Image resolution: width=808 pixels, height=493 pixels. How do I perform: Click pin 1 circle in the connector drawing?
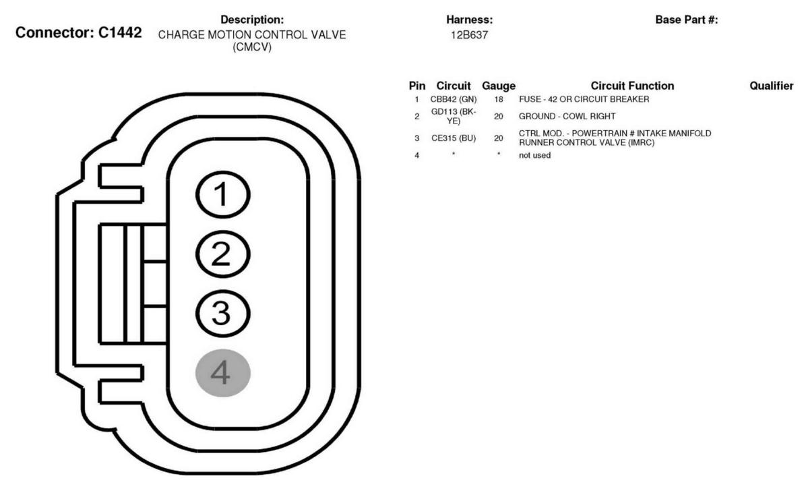(222, 194)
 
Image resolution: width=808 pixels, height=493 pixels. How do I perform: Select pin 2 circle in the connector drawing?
(222, 254)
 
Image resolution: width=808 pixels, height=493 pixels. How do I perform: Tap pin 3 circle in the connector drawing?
(222, 313)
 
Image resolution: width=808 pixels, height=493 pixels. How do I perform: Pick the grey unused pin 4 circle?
(222, 373)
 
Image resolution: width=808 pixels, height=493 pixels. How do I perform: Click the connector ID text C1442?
(119, 32)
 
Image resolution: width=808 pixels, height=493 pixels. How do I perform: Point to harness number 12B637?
(469, 35)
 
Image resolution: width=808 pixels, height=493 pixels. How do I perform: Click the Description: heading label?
(252, 20)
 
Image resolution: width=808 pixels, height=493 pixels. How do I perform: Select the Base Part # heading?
(687, 20)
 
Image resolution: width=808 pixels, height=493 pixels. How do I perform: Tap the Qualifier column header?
(771, 86)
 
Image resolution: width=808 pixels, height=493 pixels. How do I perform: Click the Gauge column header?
(498, 86)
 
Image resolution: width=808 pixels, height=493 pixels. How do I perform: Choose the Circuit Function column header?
(632, 86)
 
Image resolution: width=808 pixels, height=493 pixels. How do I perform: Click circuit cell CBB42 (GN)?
(454, 99)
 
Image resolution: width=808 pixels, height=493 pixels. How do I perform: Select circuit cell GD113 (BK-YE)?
(454, 116)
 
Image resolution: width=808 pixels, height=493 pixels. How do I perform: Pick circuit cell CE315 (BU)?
(454, 138)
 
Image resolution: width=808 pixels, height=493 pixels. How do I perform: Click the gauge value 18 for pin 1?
(498, 99)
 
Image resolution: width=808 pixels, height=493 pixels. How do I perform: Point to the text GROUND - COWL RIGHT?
(567, 116)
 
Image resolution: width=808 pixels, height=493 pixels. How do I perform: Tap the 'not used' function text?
(534, 155)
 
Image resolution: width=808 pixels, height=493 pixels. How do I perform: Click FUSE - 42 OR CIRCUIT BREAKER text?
(584, 99)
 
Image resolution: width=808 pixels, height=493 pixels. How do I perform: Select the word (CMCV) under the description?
(252, 47)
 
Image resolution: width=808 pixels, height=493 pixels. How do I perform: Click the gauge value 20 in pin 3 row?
(498, 138)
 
